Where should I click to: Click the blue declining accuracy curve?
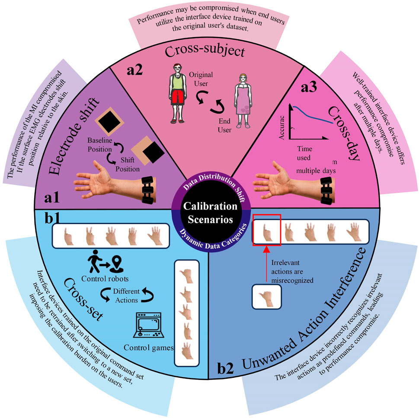pos(311,113)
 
